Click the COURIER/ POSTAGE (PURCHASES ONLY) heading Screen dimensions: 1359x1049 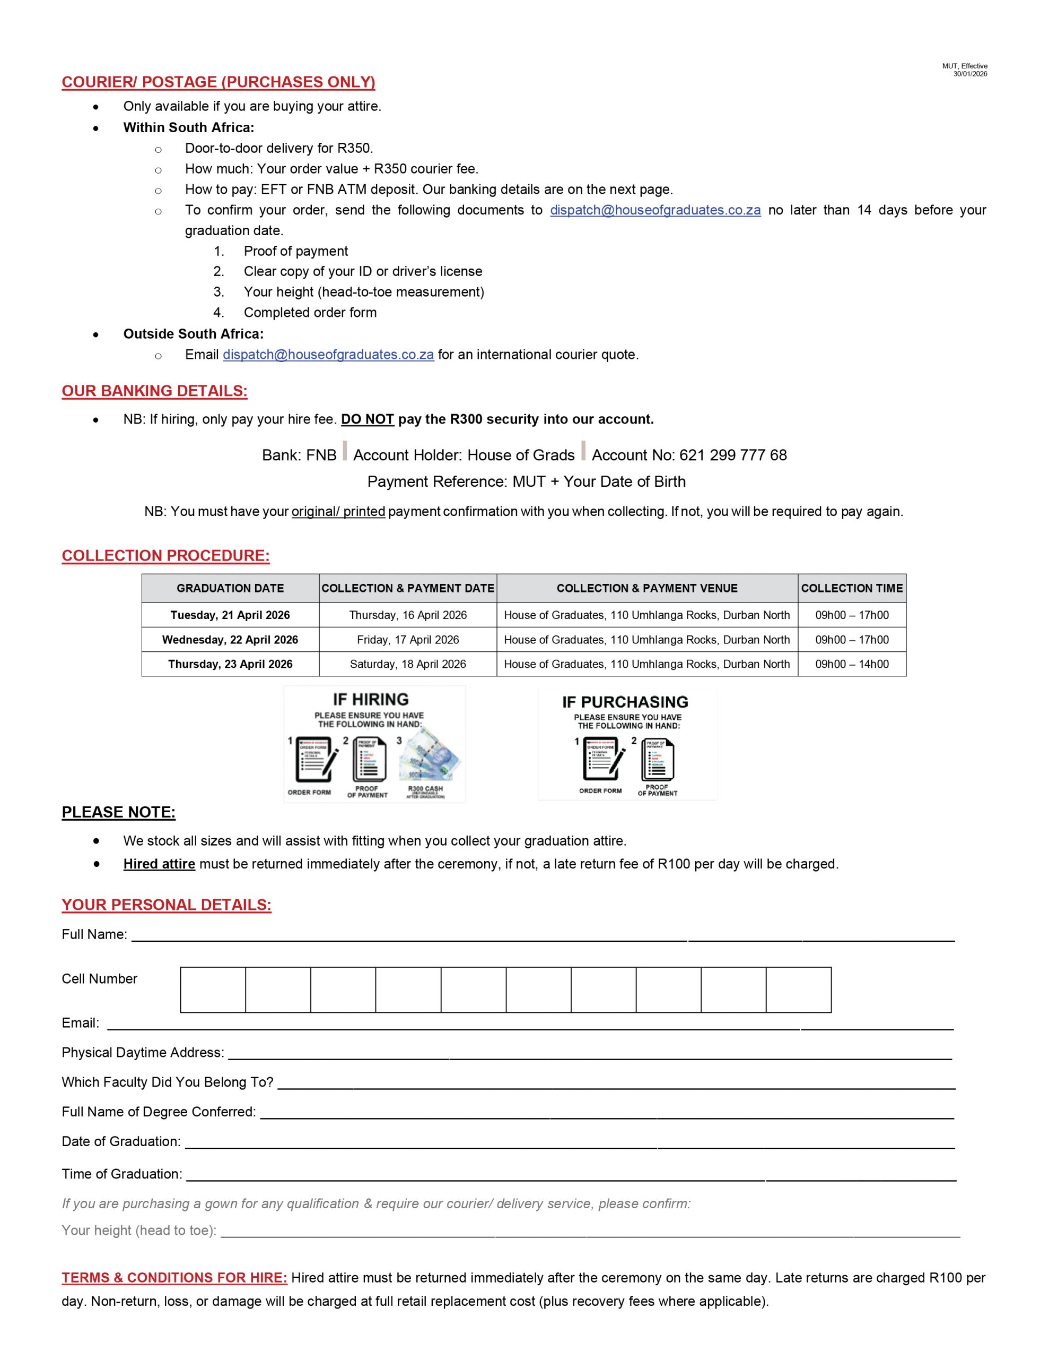point(218,82)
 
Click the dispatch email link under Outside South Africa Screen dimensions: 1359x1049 point(328,355)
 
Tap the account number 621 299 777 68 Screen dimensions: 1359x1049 point(732,455)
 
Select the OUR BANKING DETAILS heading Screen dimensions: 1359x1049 point(154,391)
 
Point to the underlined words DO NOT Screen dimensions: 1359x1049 point(368,419)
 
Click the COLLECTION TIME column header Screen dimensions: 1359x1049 point(851,588)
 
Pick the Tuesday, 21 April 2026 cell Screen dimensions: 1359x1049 point(230,615)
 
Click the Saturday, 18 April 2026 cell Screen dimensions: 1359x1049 point(407,664)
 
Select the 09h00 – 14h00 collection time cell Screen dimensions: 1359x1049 point(851,664)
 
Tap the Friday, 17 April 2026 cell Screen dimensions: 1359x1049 point(407,640)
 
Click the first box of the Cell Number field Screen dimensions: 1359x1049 point(213,990)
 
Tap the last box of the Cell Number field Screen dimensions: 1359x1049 point(798,990)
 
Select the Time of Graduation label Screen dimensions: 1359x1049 point(122,1174)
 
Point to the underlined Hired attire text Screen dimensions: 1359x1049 point(159,864)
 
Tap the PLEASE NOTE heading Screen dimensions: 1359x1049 point(118,812)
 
